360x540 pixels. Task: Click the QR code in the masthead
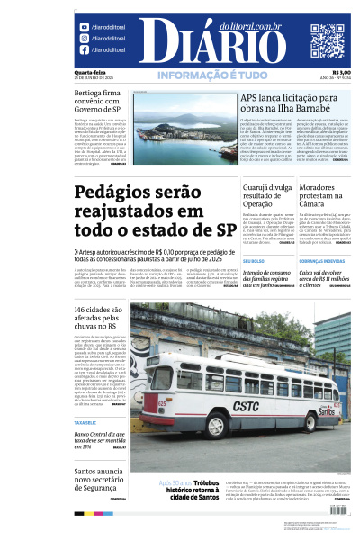pyautogui.click(x=328, y=40)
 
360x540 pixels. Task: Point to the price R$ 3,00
pyautogui.click(x=341, y=73)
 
